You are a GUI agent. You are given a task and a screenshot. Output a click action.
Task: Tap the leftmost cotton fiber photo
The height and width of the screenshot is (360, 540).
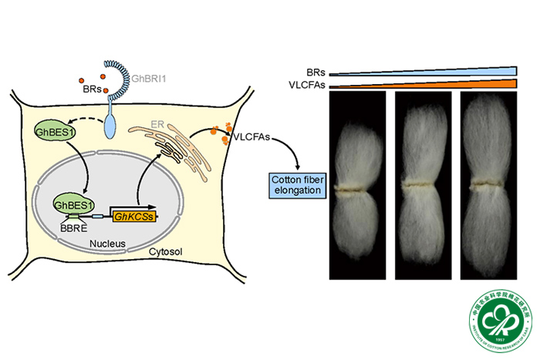357,186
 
